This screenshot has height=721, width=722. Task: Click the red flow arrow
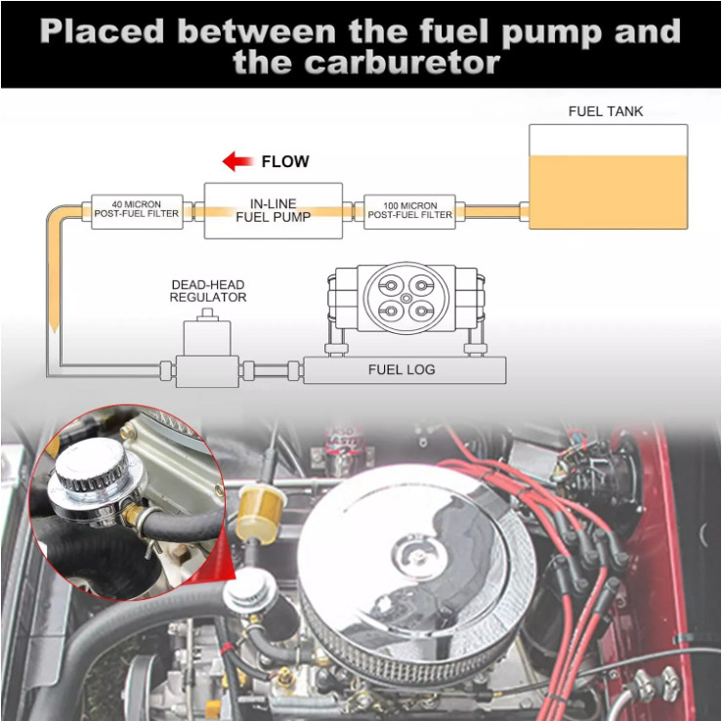point(236,161)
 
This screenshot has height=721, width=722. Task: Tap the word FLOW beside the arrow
point(285,162)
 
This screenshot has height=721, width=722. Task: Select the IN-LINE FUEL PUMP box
point(274,210)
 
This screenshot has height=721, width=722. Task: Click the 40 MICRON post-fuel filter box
point(138,210)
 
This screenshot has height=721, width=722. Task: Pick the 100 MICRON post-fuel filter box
point(409,210)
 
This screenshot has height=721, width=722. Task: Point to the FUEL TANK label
point(606,111)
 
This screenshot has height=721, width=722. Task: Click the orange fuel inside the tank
point(608,192)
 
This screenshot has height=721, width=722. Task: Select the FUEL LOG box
point(403,370)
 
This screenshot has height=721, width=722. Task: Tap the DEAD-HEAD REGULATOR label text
point(208,290)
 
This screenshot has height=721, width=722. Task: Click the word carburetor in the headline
point(366,64)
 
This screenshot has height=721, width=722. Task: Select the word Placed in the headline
point(103,31)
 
